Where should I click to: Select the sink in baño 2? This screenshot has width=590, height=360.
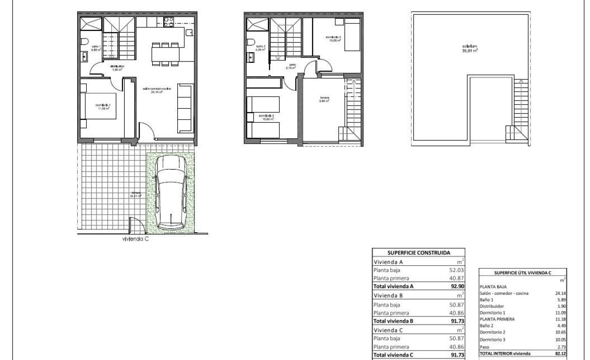pos(250,57)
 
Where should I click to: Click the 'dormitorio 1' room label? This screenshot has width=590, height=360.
pos(103,106)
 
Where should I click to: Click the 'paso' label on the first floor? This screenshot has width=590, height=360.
pos(292,65)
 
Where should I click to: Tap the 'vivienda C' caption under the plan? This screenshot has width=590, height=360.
pos(135,239)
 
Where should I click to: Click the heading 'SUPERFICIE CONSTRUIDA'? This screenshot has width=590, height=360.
pos(418,252)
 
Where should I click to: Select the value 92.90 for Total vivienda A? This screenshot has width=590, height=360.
pos(456,286)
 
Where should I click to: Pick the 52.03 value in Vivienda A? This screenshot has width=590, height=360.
pos(456,270)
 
